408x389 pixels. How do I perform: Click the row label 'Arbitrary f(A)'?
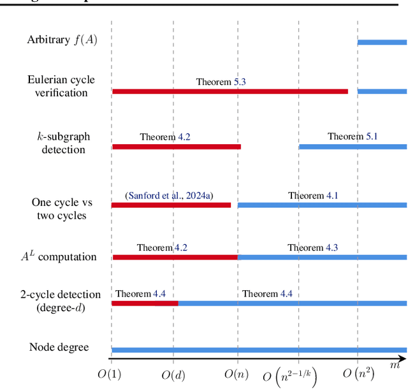(x=62, y=40)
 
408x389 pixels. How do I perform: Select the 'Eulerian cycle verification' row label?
(x=61, y=86)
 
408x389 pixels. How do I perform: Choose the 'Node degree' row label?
(x=59, y=348)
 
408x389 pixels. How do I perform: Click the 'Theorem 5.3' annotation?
(x=221, y=82)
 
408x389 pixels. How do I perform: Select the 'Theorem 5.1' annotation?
(x=353, y=136)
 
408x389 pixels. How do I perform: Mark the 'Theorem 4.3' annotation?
(x=312, y=247)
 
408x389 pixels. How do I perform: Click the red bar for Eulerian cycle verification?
(x=229, y=91)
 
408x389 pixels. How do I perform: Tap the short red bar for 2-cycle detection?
(x=144, y=304)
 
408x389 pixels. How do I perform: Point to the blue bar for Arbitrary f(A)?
(x=381, y=42)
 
